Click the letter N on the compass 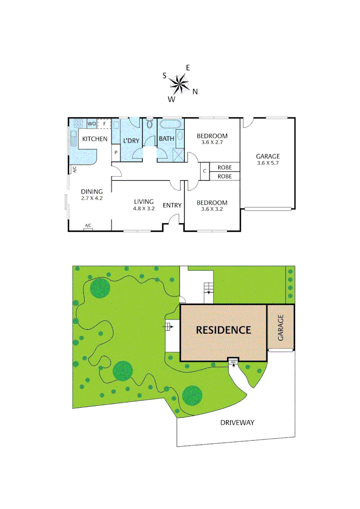pos(195,92)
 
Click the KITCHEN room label pos(95,139)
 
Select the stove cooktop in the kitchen pos(78,123)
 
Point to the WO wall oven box pos(91,123)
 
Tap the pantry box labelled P pos(115,153)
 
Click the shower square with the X pos(179,155)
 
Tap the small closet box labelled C pos(205,171)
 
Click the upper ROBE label pos(224,167)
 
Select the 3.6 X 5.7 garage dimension pos(268,163)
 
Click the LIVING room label pos(144,201)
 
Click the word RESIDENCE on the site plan pos(223,330)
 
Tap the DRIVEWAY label pos(237,422)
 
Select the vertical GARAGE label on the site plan pos(280,328)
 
